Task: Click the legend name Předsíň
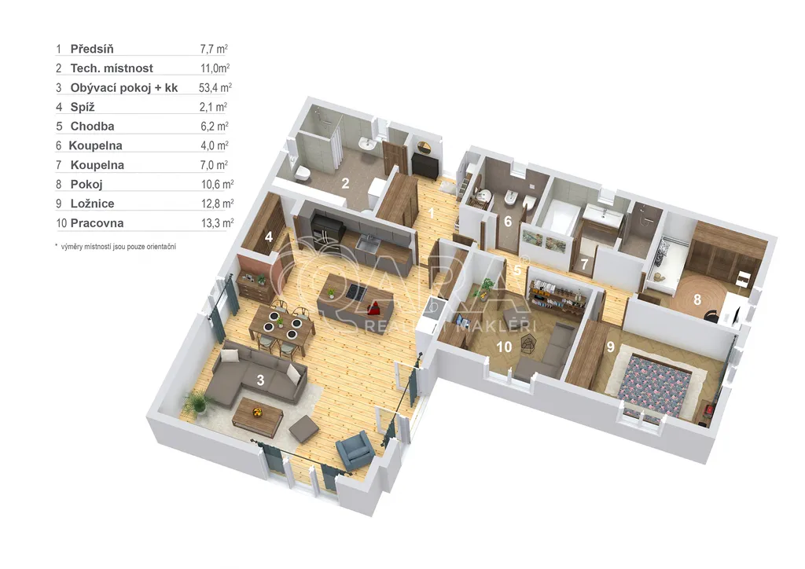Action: point(92,49)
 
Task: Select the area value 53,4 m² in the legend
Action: point(215,87)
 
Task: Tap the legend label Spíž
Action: point(83,107)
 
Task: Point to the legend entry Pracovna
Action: point(97,222)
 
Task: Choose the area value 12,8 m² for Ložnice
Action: point(217,204)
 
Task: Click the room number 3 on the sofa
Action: point(260,380)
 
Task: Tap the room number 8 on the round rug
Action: point(697,299)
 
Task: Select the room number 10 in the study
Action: point(504,347)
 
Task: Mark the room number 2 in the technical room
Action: point(346,183)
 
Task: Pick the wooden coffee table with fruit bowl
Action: point(258,413)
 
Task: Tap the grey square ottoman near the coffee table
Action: point(303,428)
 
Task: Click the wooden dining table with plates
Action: point(281,326)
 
